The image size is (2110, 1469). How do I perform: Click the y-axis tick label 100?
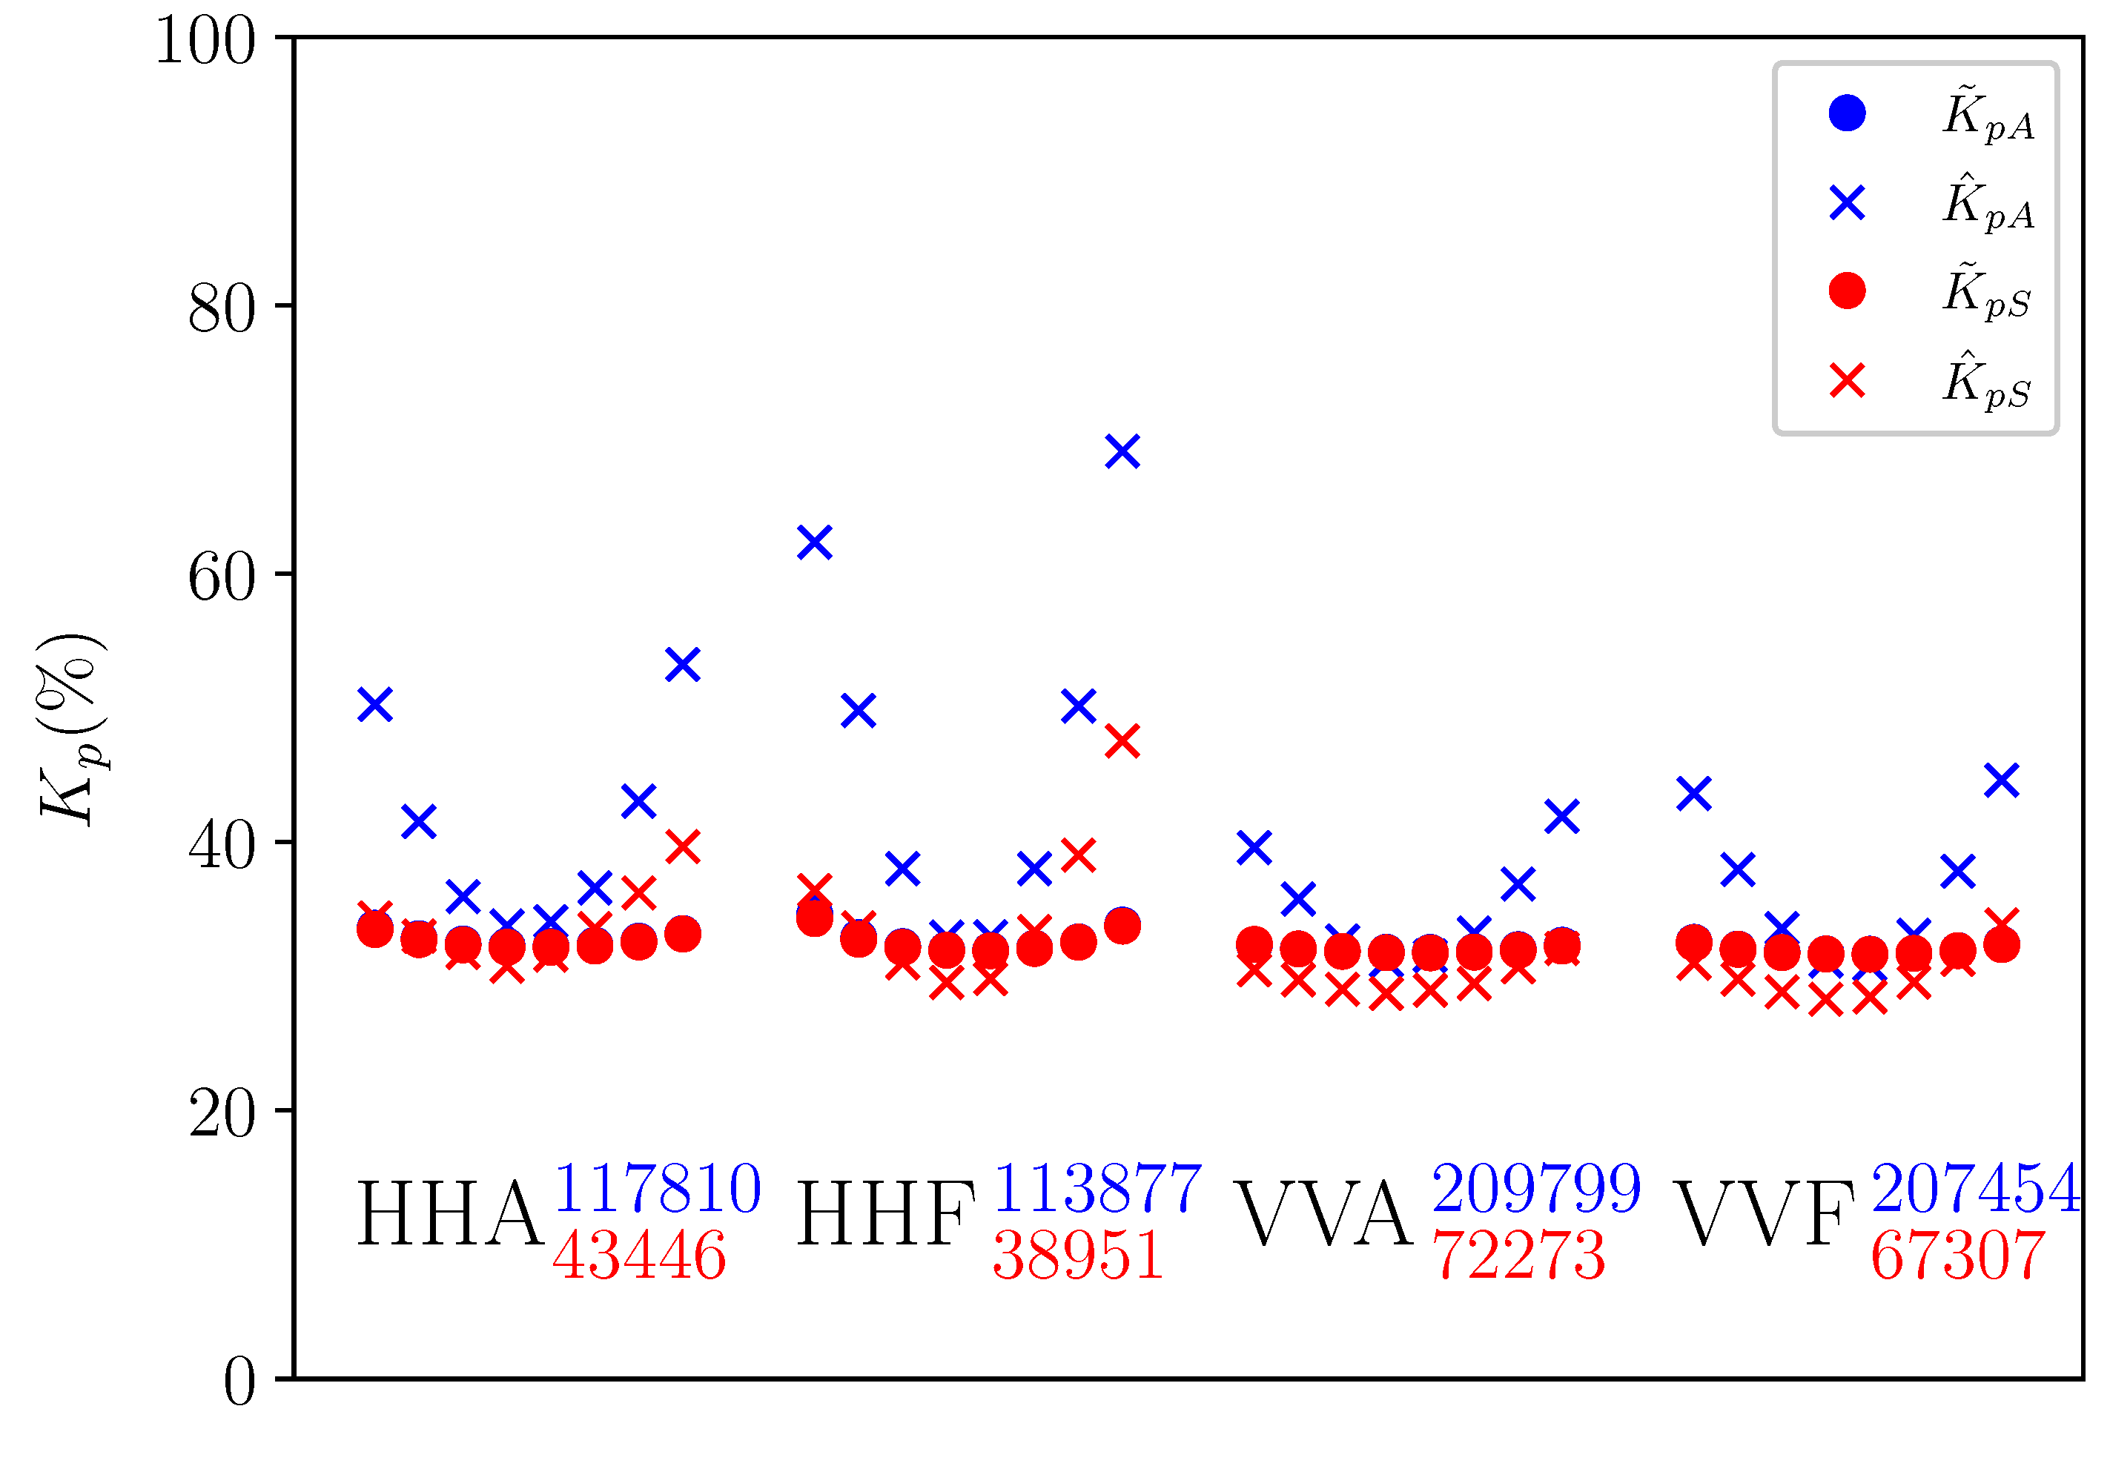click(x=205, y=41)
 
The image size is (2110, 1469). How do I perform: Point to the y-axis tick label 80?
click(x=222, y=310)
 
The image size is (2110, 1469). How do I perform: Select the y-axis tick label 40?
click(x=222, y=846)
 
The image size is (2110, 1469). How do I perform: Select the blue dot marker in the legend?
click(x=1846, y=113)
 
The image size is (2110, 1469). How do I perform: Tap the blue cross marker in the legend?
click(x=1846, y=202)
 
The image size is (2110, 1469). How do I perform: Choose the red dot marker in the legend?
click(x=1846, y=291)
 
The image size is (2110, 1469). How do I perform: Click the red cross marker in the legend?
click(x=1846, y=380)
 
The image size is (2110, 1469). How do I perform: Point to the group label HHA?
click(x=449, y=1215)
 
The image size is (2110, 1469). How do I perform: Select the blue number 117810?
click(x=656, y=1188)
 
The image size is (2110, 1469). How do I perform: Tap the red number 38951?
click(x=1078, y=1256)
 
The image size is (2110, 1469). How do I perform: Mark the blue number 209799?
click(x=1535, y=1188)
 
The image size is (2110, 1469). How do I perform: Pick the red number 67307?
click(x=1957, y=1256)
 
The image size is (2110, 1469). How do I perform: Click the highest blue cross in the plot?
click(x=1122, y=451)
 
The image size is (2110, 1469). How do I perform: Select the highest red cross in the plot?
click(x=1122, y=740)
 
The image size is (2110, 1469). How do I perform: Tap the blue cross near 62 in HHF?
click(x=814, y=542)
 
